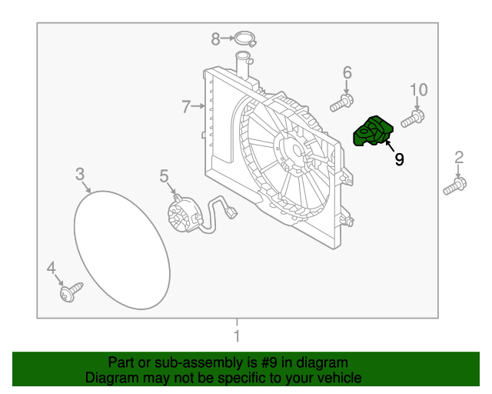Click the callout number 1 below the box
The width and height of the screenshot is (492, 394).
237,336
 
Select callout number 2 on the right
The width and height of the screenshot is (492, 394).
459,159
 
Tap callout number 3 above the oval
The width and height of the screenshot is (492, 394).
80,175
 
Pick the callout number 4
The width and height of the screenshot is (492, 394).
52,269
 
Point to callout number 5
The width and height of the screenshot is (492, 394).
164,177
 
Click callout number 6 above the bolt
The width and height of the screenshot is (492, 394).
347,73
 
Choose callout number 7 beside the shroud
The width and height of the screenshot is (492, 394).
186,107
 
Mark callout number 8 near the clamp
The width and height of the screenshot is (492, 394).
216,37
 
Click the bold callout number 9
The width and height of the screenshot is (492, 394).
399,159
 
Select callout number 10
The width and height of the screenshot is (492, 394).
417,90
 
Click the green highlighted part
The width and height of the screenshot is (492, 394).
371,131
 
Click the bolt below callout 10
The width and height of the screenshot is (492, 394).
414,119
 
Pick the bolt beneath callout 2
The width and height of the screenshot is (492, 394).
455,185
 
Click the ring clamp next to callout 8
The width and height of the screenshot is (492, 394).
244,38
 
